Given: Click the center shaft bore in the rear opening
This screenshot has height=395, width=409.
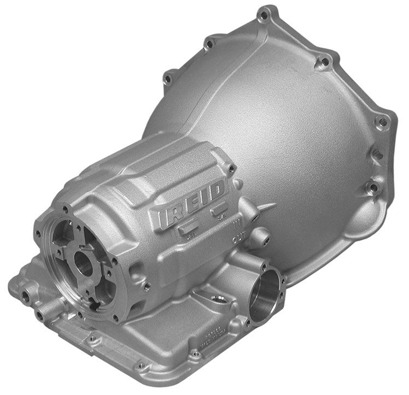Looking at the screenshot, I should [84, 264].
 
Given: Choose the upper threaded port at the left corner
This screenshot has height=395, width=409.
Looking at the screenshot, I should [25, 295].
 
